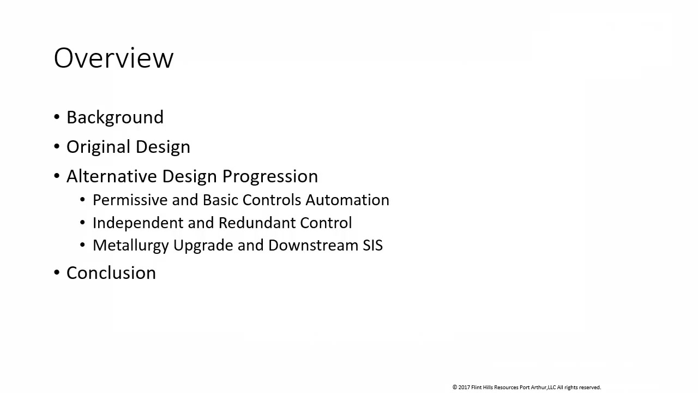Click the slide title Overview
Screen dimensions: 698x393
click(x=113, y=58)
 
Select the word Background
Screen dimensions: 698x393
click(x=115, y=117)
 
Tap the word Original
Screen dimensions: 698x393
click(x=98, y=147)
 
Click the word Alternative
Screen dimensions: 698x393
click(x=111, y=176)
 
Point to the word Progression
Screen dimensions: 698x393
click(x=270, y=177)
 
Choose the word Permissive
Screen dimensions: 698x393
click(x=130, y=200)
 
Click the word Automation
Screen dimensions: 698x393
click(x=347, y=200)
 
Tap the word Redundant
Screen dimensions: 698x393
click(x=257, y=223)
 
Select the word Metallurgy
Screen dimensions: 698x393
click(x=131, y=246)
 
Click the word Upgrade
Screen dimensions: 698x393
click(x=203, y=246)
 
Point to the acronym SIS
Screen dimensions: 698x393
click(x=372, y=245)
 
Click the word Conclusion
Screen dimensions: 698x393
click(x=111, y=273)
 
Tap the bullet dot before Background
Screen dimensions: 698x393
click(x=57, y=117)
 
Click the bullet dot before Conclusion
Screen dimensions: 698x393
click(x=57, y=272)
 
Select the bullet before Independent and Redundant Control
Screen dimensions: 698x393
click(x=82, y=222)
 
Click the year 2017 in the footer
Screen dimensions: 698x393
click(x=464, y=388)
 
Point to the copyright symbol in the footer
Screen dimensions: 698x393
click(x=455, y=388)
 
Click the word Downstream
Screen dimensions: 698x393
click(x=313, y=245)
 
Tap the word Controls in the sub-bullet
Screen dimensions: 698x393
click(x=272, y=200)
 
